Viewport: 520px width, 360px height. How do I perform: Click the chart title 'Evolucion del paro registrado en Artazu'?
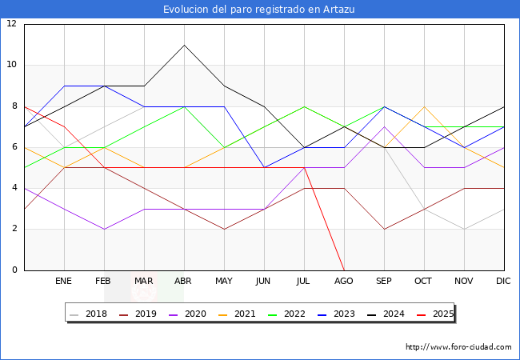pyautogui.click(x=259, y=10)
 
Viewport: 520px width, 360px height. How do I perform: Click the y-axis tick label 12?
pyautogui.click(x=12, y=24)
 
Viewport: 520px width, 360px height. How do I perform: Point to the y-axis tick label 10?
pyautogui.click(x=12, y=65)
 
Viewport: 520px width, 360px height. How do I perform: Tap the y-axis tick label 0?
pyautogui.click(x=14, y=270)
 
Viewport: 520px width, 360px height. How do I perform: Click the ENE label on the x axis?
pyautogui.click(x=64, y=282)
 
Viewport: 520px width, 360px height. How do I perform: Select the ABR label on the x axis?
pyautogui.click(x=185, y=282)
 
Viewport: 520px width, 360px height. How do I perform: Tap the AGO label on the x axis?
pyautogui.click(x=344, y=282)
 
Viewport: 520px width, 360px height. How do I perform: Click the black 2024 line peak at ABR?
pyautogui.click(x=185, y=45)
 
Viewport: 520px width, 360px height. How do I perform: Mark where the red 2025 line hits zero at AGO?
pyautogui.click(x=344, y=270)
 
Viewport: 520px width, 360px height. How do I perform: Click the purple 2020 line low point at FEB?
pyautogui.click(x=104, y=229)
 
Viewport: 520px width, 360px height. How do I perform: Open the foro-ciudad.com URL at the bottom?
pyautogui.click(x=458, y=347)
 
